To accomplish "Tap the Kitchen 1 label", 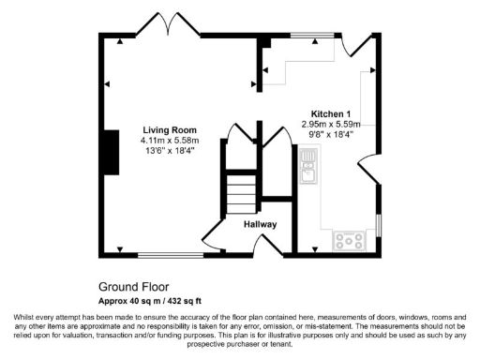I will point(330,113).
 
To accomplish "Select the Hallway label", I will point(260,224).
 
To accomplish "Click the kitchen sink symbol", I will point(308,172).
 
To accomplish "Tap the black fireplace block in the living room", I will point(112,153).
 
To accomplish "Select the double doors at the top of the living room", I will point(167,23).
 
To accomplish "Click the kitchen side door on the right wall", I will point(368,170).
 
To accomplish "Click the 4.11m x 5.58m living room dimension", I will point(170,141).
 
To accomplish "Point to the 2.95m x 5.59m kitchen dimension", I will point(331,125).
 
